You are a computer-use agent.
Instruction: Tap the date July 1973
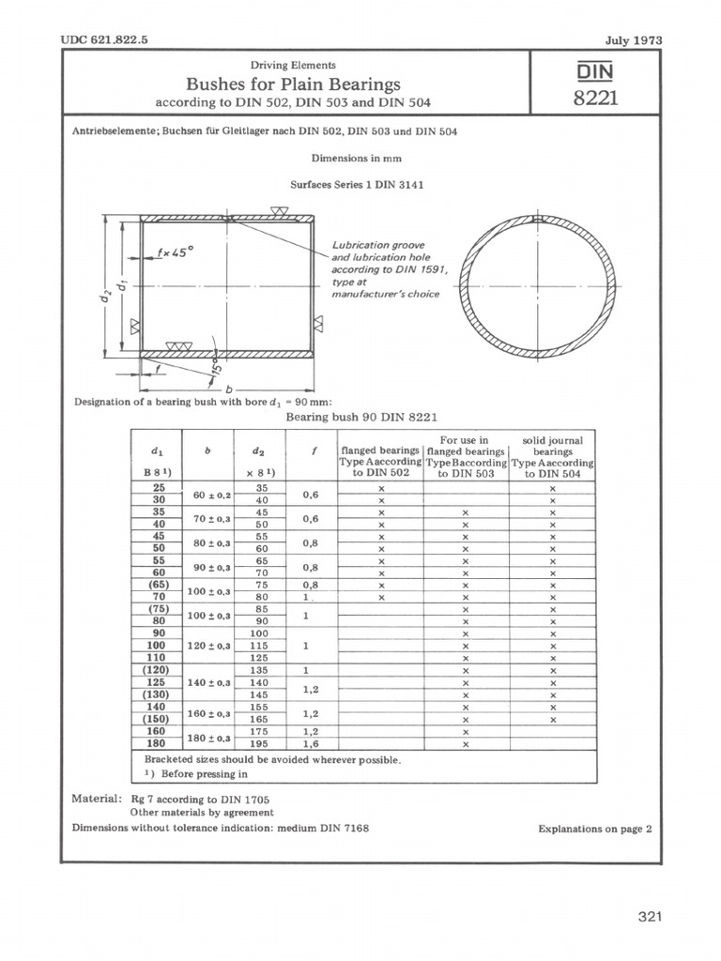pos(634,40)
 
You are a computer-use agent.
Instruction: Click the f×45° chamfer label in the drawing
pos(175,252)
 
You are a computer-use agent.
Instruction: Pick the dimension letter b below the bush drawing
pos(228,387)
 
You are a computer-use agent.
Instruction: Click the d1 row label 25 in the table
pos(158,488)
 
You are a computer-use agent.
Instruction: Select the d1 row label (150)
pos(158,719)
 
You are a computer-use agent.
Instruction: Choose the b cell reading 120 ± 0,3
pos(211,646)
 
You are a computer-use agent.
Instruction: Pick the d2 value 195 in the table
pos(261,743)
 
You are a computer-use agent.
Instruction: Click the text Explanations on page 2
pos(595,829)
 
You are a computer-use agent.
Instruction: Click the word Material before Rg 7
pos(96,798)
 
